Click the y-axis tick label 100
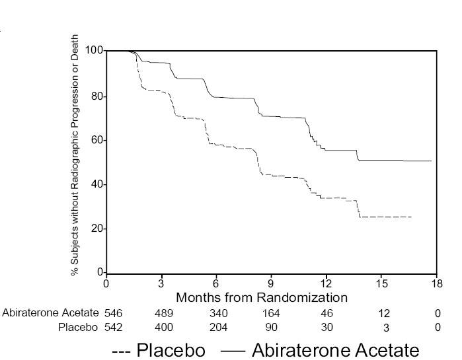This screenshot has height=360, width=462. (95, 51)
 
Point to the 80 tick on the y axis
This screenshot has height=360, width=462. (97, 96)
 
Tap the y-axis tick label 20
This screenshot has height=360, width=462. (97, 229)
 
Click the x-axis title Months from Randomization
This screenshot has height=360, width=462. (262, 298)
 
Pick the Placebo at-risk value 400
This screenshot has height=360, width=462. (164, 327)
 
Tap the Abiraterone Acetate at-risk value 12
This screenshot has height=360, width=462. (385, 313)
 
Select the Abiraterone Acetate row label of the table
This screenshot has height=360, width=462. (50, 313)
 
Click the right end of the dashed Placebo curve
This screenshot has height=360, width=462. (411, 217)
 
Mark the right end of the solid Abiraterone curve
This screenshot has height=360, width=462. (431, 161)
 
